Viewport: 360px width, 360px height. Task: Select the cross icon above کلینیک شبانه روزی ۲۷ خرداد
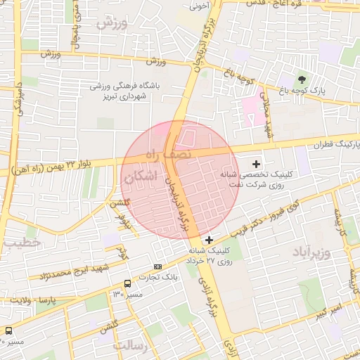click(x=209, y=240)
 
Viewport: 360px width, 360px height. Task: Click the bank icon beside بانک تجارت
click(x=157, y=267)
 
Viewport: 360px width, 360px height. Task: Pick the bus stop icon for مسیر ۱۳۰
click(x=127, y=283)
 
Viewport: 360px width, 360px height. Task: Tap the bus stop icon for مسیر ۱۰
click(x=8, y=330)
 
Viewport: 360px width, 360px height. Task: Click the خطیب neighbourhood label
click(x=22, y=243)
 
